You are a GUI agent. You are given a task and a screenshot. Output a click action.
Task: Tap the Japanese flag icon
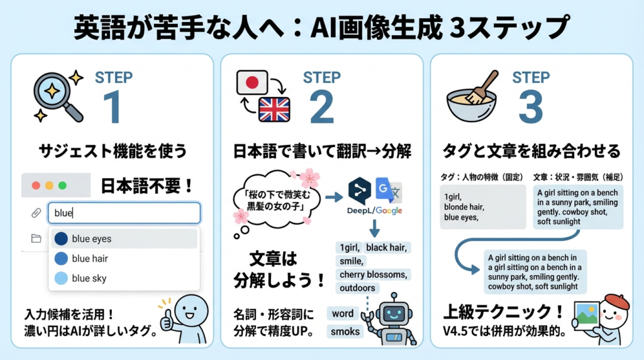(252, 82)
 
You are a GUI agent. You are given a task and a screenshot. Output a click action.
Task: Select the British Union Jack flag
(274, 110)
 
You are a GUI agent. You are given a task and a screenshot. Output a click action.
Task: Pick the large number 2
(321, 107)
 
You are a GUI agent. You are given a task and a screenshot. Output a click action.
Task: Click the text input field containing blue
(124, 213)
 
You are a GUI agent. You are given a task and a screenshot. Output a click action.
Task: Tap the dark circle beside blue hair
(61, 259)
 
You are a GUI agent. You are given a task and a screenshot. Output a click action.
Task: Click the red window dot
(36, 186)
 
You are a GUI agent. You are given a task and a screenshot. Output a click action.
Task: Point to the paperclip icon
(36, 213)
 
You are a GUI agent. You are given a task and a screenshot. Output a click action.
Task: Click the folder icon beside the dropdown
(36, 239)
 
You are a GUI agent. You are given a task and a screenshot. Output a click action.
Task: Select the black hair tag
(387, 247)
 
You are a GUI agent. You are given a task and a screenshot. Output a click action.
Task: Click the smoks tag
(345, 331)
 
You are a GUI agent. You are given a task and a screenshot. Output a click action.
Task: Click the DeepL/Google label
(375, 211)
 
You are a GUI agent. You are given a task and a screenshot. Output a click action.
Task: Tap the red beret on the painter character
(617, 301)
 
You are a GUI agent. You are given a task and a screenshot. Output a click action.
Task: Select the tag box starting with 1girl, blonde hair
(482, 206)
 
